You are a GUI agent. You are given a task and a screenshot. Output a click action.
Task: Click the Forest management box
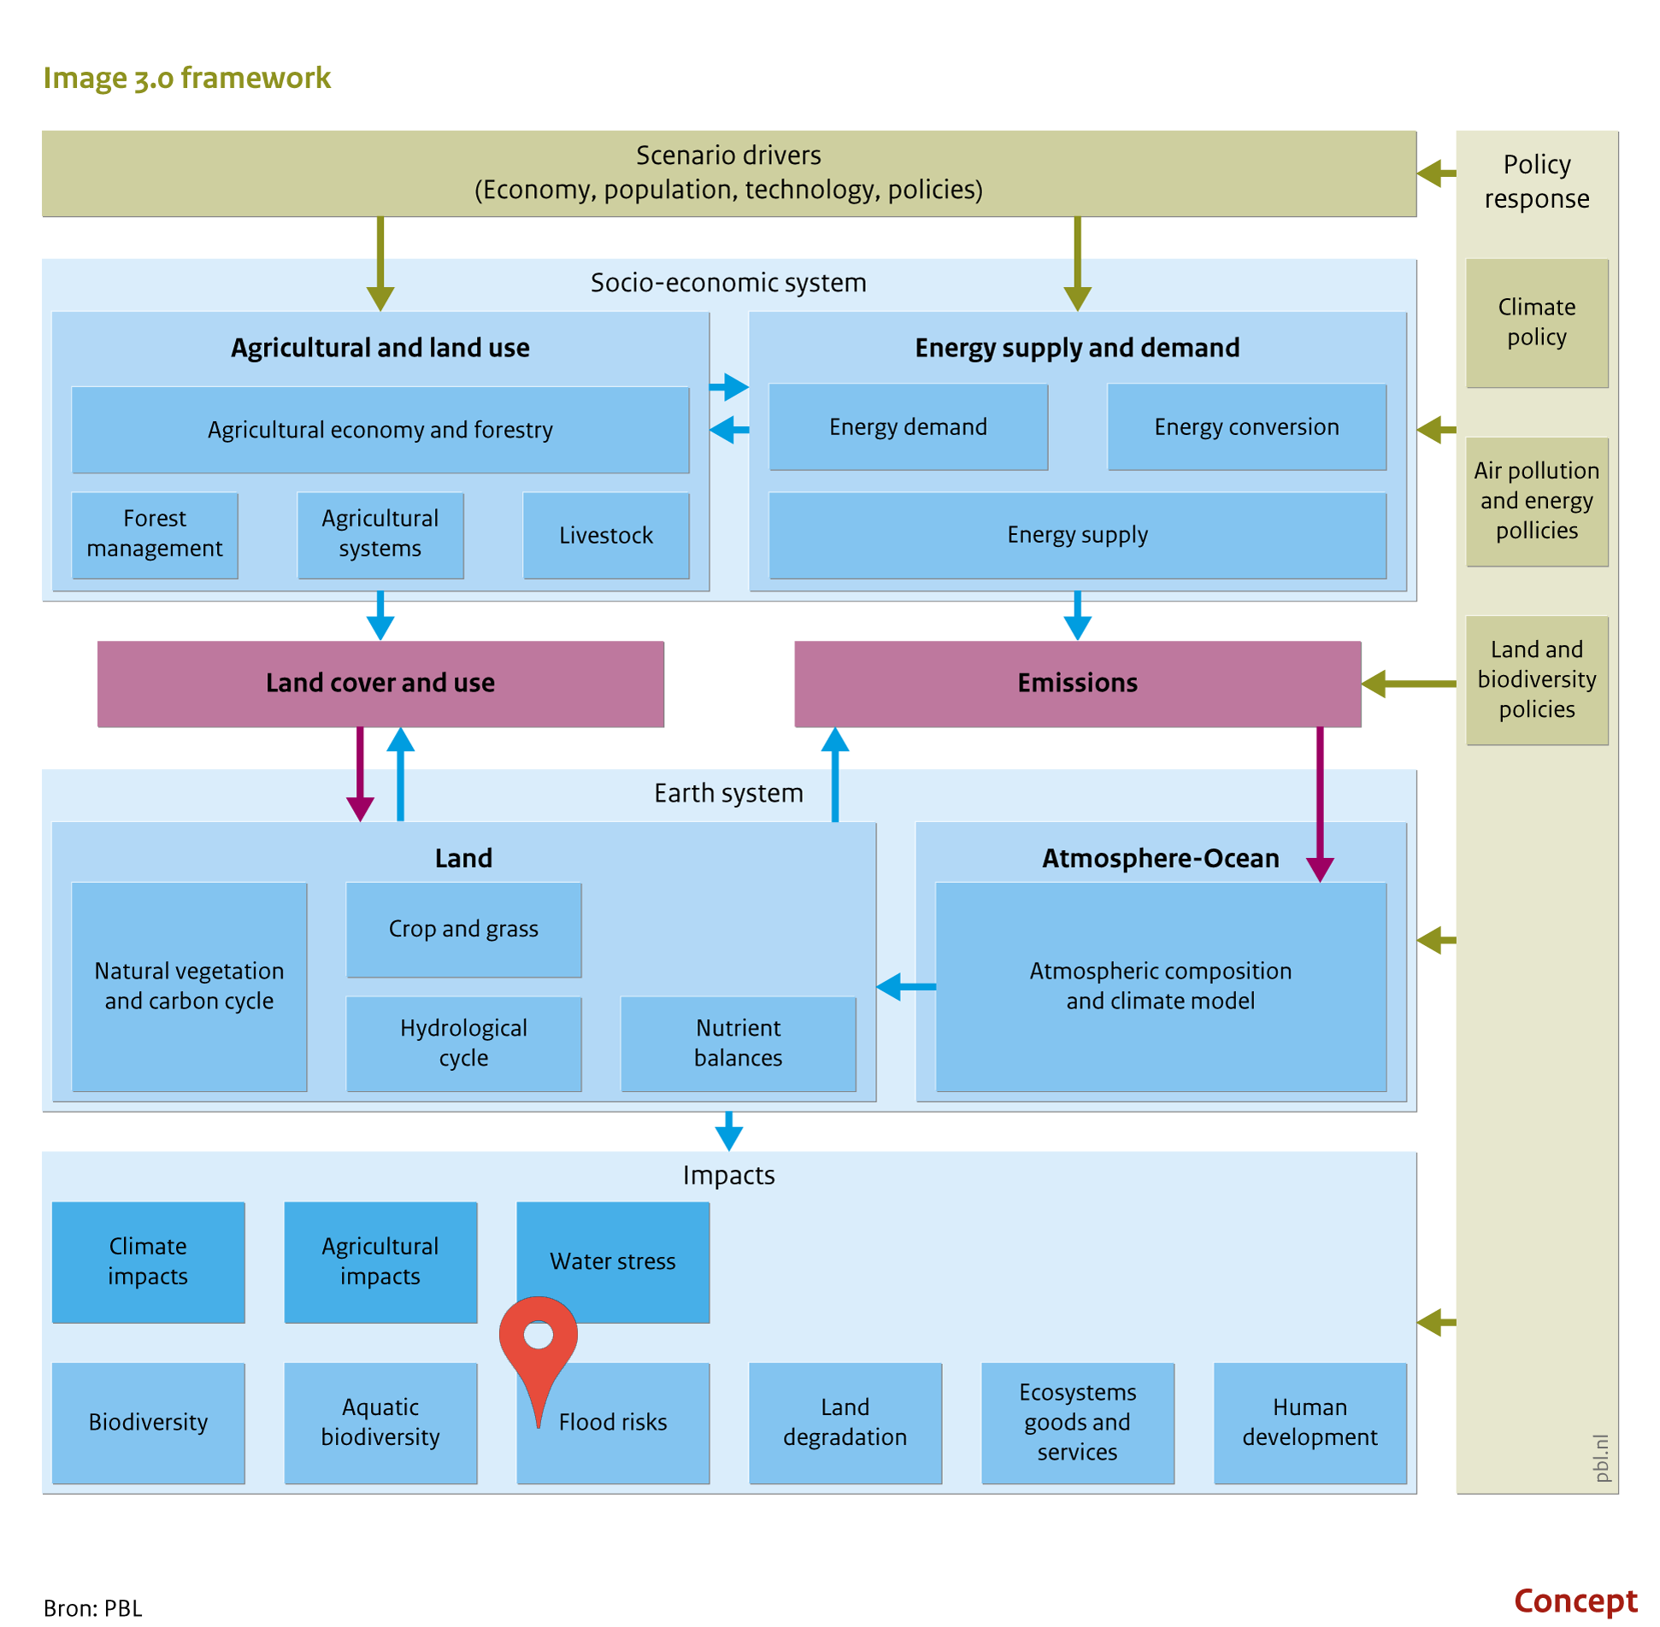coord(155,535)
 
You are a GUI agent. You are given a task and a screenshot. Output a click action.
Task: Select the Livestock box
coord(606,535)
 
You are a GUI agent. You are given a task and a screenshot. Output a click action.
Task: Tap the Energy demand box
coord(909,426)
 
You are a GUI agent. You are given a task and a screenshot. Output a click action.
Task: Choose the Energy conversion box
coord(1247,426)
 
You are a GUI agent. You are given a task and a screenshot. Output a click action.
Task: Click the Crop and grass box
coord(464,930)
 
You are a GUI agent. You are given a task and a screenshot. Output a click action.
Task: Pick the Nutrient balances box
coord(739,1043)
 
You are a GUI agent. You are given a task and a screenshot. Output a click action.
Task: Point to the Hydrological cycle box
coord(464,1043)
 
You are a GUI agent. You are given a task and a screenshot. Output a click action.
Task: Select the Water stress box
coord(613,1262)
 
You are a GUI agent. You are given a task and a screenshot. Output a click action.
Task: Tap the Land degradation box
coord(845,1423)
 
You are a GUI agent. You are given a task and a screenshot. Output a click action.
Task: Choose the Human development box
coord(1310,1423)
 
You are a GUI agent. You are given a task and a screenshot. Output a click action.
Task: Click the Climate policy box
coord(1537,323)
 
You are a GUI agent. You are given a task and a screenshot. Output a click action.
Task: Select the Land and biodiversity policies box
coord(1537,680)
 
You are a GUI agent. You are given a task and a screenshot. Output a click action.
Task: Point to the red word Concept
coord(1576,1600)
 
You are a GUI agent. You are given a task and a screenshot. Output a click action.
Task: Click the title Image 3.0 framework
coord(186,78)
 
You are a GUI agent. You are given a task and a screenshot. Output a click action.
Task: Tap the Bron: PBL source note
coord(92,1607)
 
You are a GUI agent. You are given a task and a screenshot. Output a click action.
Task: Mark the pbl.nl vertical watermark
coord(1601,1458)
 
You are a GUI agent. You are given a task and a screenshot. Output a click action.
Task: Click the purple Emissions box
coord(1078,684)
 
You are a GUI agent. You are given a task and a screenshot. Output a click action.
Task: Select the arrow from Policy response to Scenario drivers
coord(1437,173)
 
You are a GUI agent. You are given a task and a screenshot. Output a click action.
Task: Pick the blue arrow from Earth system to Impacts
coord(728,1131)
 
